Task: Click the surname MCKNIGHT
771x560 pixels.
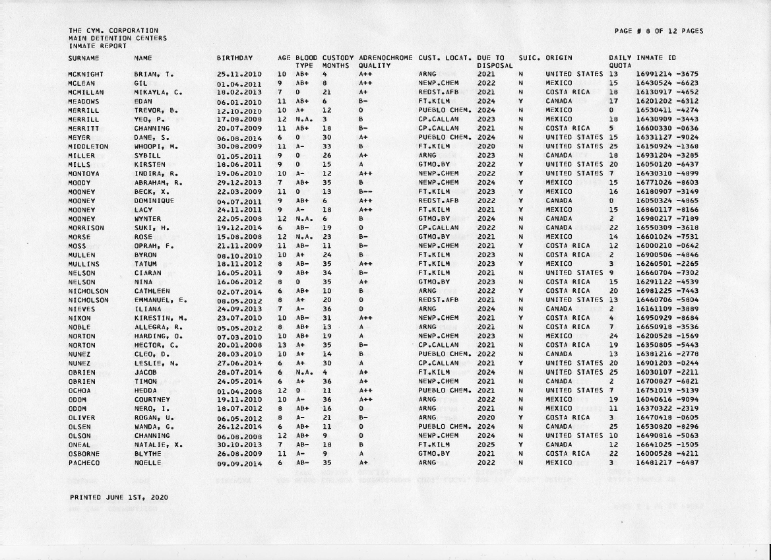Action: click(x=84, y=75)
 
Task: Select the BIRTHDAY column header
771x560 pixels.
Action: click(x=234, y=59)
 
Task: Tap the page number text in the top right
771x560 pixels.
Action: click(x=658, y=31)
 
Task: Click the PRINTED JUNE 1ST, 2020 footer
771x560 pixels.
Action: click(x=109, y=497)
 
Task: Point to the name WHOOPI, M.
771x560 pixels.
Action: click(x=154, y=146)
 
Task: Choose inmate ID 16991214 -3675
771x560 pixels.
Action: click(x=667, y=75)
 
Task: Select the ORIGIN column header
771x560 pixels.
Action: click(x=559, y=59)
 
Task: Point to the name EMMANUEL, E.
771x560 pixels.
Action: click(x=160, y=300)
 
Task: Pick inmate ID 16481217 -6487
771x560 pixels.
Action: click(x=667, y=463)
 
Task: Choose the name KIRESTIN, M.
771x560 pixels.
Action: click(x=160, y=319)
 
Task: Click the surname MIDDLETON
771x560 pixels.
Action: click(x=88, y=146)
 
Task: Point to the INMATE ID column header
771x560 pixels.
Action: click(x=656, y=59)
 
